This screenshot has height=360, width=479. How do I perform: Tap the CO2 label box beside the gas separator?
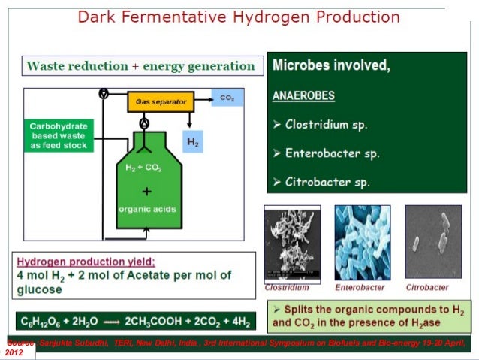pos(226,98)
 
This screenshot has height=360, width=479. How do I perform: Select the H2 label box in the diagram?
pos(191,141)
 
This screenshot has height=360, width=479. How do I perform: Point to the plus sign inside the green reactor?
pos(146,192)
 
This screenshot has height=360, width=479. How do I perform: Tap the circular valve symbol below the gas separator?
pos(144,123)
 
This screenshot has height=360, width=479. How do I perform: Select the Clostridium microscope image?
pos(292,243)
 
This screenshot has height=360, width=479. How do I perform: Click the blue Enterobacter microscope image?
pos(362,243)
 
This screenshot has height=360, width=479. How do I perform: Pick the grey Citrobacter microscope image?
pos(433,243)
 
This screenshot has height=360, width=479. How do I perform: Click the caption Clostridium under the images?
pos(287,288)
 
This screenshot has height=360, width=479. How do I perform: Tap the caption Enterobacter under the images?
pos(360,288)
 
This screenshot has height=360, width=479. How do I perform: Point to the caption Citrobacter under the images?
pos(427,288)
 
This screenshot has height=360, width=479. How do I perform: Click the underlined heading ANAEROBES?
pos(303,96)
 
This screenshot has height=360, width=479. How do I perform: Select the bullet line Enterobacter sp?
pos(332,153)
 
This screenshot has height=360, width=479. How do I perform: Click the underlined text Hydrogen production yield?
pos(86,261)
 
